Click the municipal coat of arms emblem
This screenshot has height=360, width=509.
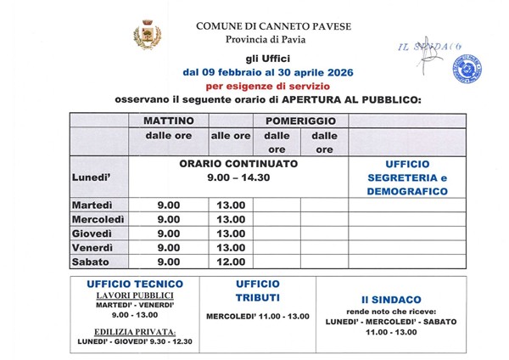[147, 36]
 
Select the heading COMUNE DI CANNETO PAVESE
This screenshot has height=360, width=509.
[273, 26]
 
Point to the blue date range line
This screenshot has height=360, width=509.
[268, 72]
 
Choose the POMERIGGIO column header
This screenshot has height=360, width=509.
[300, 121]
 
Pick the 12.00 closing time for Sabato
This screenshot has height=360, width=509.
[231, 262]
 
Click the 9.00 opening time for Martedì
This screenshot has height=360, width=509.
[169, 205]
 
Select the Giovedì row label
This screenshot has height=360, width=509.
[92, 233]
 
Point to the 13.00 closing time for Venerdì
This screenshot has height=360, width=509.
[231, 248]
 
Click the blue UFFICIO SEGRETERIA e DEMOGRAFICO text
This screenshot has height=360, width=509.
[406, 177]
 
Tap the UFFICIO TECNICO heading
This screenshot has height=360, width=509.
[135, 284]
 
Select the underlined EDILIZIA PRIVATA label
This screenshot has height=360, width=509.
[135, 331]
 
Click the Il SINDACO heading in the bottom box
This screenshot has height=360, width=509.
[390, 300]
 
